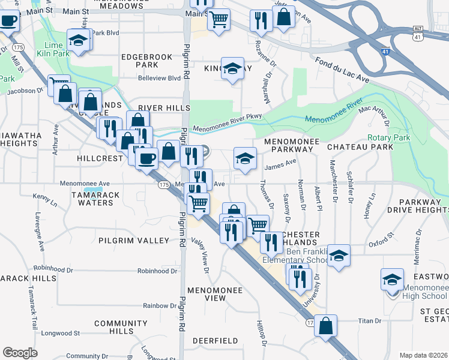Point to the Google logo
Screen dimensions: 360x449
click(x=19, y=352)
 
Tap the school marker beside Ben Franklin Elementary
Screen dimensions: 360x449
click(x=339, y=256)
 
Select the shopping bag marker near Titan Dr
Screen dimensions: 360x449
click(x=325, y=326)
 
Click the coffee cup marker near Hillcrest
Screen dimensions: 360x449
click(x=146, y=158)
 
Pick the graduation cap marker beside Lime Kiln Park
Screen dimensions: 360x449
click(x=78, y=41)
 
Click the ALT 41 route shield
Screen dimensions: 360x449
click(x=418, y=33)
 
